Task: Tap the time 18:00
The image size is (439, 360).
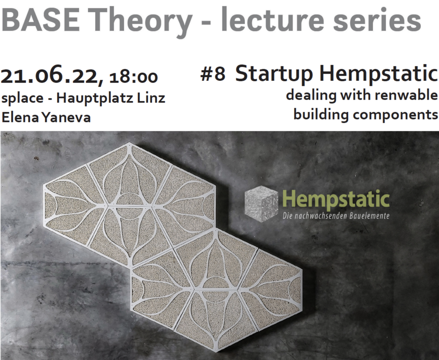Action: (133, 77)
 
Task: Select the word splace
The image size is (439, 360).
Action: (23, 98)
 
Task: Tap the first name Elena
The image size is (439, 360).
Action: (20, 117)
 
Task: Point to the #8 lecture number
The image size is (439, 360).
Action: (213, 75)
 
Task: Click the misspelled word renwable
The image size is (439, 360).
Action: (406, 95)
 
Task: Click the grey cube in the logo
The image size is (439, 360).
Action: (261, 204)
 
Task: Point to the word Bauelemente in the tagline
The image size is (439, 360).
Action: (369, 216)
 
